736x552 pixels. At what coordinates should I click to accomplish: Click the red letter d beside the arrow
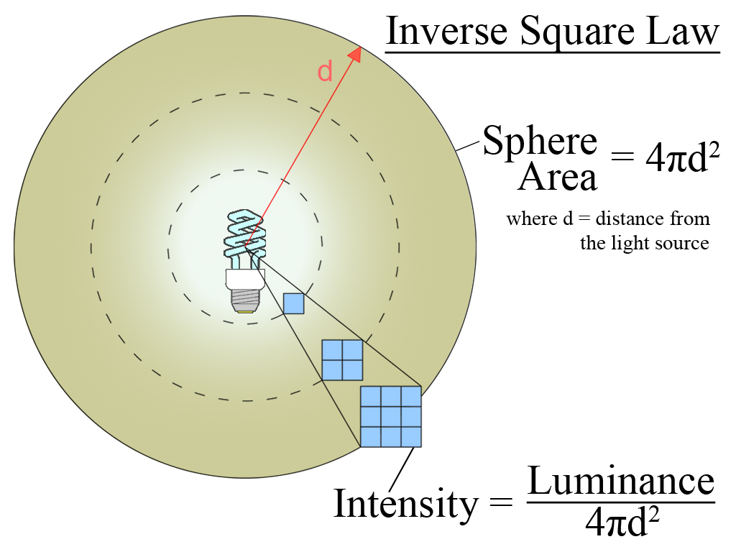(x=325, y=71)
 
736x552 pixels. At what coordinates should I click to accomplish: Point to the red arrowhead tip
(x=360, y=47)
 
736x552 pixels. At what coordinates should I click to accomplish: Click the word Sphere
(x=540, y=142)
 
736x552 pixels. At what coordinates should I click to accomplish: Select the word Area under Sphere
(x=557, y=178)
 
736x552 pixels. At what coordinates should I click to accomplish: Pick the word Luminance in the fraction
(x=621, y=482)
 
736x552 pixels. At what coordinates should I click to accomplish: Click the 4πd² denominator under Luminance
(x=622, y=522)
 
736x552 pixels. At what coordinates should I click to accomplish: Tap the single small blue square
(x=294, y=303)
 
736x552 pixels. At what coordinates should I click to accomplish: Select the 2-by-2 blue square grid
(x=342, y=360)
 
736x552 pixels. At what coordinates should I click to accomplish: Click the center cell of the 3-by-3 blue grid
(x=391, y=416)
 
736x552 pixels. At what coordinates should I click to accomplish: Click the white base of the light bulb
(x=245, y=279)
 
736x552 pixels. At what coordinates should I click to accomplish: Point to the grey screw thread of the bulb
(x=245, y=300)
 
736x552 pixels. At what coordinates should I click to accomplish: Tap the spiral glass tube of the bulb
(x=244, y=235)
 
